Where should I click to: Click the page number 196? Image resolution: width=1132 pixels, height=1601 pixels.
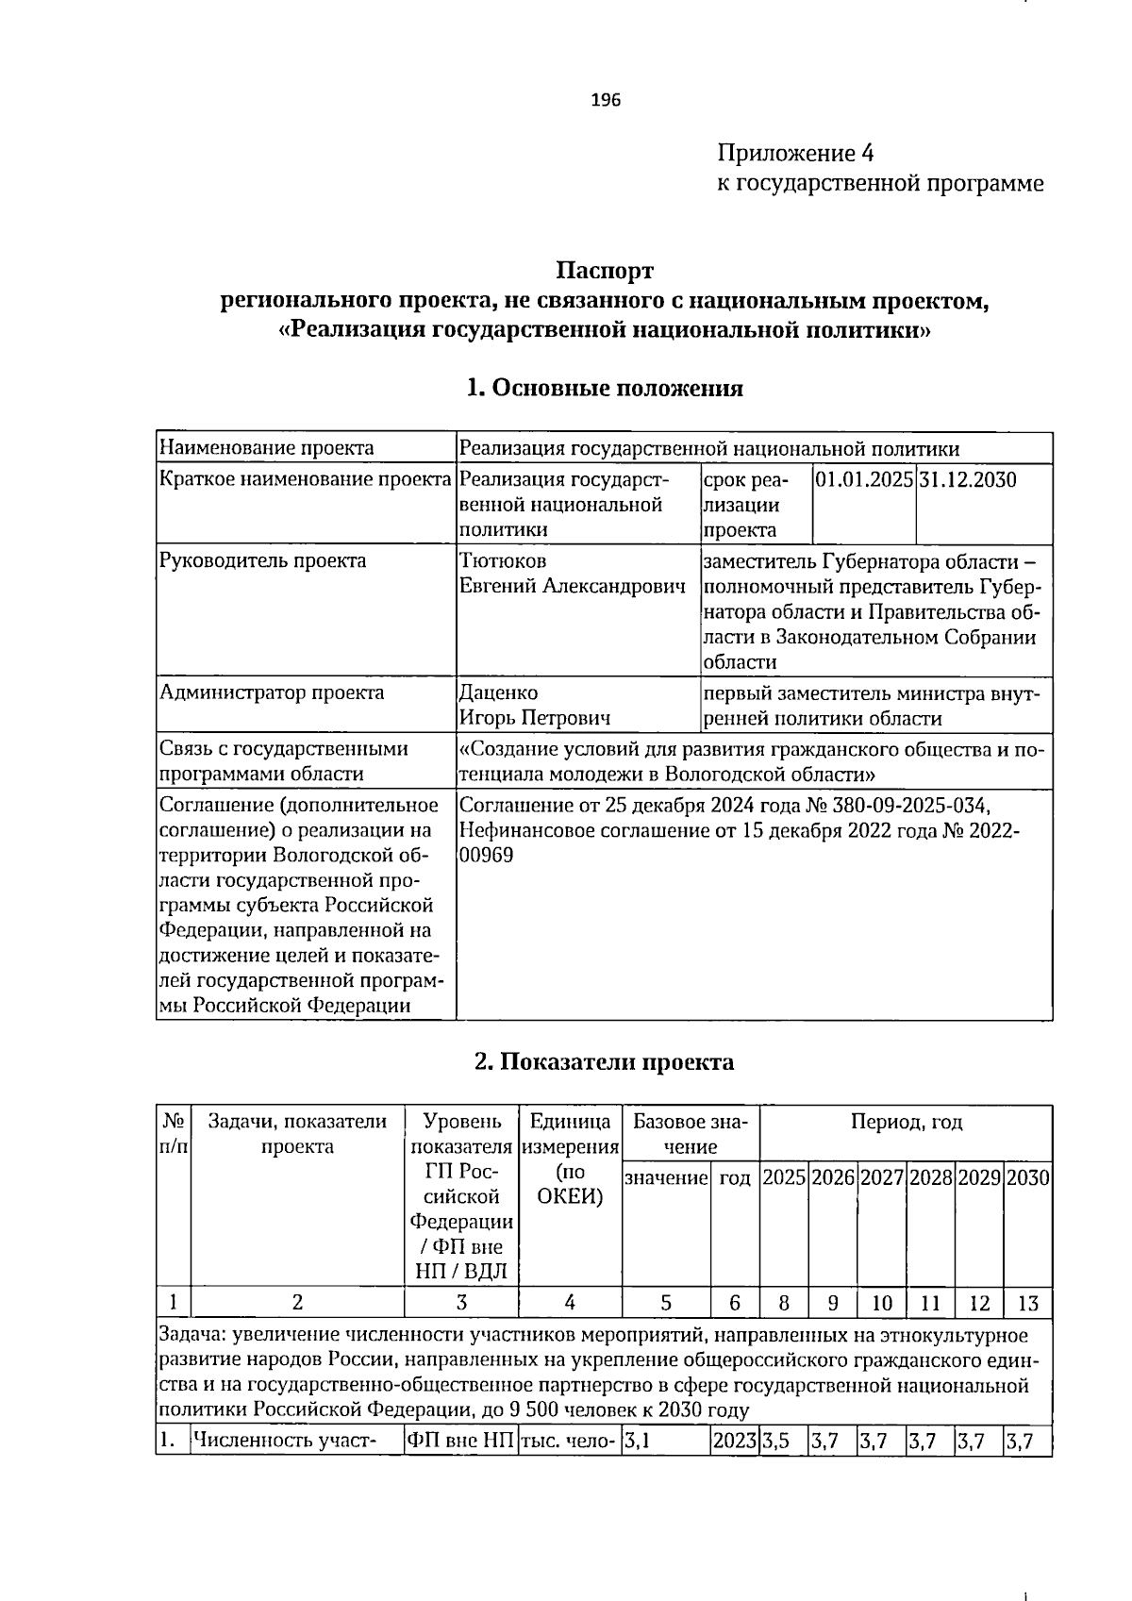coord(606,100)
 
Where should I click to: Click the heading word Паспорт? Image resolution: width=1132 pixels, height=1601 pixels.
coord(604,272)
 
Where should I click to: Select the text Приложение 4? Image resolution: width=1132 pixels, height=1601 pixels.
coord(796,153)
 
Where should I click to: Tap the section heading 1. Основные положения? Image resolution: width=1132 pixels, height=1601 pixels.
coord(605,388)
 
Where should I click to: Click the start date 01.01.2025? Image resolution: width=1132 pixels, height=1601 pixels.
coord(863,479)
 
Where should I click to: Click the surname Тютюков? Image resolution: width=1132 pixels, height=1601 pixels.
coord(503,560)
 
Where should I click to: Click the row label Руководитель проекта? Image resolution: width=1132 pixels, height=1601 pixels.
coord(262,560)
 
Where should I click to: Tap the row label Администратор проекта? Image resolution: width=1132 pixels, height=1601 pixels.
coord(272,692)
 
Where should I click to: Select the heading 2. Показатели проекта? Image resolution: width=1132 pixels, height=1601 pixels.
coord(604,1061)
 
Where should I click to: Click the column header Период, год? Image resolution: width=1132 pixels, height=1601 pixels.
coord(906,1122)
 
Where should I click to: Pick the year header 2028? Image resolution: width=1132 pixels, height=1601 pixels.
coord(930,1177)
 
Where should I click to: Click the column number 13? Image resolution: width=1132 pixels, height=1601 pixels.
coord(1027,1303)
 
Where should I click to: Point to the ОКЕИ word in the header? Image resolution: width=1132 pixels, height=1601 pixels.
coord(570,1196)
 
